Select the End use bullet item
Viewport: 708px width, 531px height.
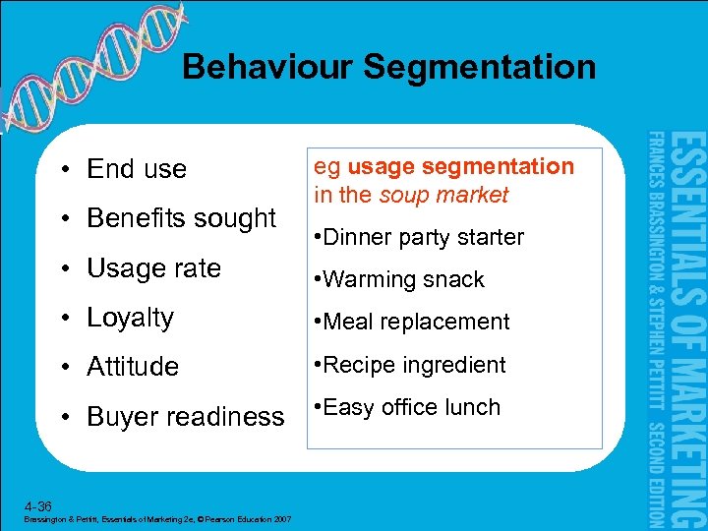(136, 169)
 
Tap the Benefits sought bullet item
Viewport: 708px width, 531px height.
(181, 217)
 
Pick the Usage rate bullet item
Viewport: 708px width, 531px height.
(153, 267)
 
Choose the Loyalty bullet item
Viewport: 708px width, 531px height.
(130, 318)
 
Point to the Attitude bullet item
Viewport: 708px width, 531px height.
(133, 367)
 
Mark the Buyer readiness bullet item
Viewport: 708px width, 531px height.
(185, 417)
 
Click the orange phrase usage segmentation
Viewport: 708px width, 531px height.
(460, 166)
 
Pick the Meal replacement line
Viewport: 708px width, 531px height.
(412, 322)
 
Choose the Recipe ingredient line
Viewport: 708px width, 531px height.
(410, 365)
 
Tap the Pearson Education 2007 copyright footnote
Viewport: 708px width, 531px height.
(153, 519)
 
